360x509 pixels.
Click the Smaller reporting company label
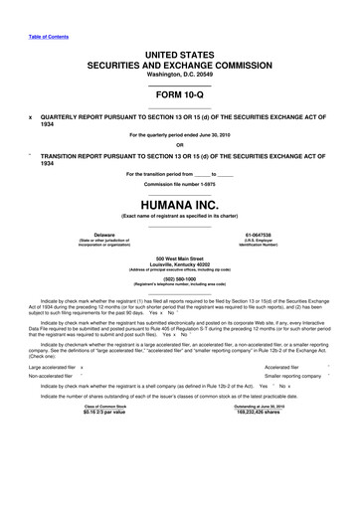tap(294, 378)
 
